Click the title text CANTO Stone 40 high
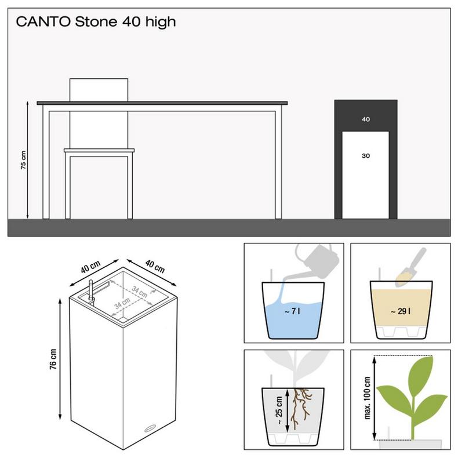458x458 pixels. (96, 23)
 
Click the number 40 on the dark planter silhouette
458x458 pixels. (365, 119)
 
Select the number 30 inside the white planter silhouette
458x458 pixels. (365, 156)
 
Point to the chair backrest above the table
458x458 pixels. (99, 89)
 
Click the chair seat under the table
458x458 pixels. (99, 152)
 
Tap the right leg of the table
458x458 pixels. (279, 162)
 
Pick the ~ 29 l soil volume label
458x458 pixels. (401, 311)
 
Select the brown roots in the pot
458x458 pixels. (301, 406)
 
